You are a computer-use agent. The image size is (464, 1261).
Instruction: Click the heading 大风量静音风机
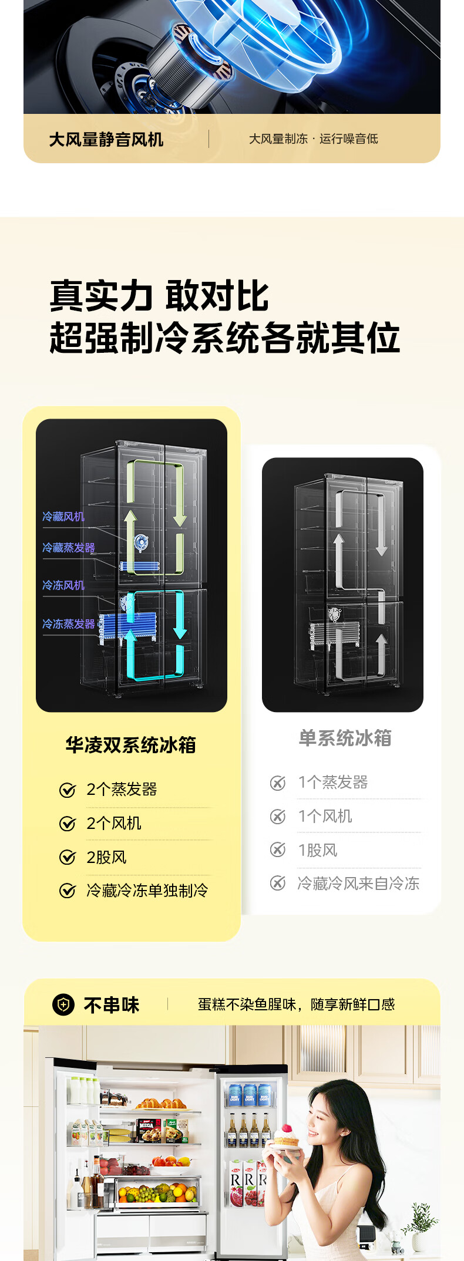coord(106,140)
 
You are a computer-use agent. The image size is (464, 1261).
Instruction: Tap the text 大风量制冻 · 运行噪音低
coord(313,139)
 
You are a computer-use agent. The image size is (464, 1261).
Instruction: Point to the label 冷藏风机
coord(63,517)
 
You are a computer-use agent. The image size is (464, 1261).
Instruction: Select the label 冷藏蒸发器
coord(68,548)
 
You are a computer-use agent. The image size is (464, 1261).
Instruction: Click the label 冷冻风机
coord(63,585)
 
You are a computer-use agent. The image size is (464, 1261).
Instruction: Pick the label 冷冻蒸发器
coord(68,624)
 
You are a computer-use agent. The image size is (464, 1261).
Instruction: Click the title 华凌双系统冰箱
coord(130,745)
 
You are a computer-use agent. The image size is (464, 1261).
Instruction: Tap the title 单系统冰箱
coord(345,738)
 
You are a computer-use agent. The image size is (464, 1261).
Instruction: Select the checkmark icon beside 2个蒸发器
coord(68,790)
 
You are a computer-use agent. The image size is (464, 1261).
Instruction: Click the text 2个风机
coord(114,823)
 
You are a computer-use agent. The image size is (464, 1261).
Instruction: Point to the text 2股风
coord(106,857)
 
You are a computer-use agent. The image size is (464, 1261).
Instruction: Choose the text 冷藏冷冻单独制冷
coord(147,891)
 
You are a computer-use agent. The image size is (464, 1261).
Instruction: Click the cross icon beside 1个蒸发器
coord(277,783)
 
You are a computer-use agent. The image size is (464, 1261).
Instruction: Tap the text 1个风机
coord(325,816)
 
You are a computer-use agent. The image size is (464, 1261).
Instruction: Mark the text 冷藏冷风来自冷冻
coord(358,884)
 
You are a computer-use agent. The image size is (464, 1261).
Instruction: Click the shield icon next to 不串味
coord(63,1004)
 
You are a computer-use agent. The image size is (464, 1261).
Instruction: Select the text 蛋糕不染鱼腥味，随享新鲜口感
coord(296,1004)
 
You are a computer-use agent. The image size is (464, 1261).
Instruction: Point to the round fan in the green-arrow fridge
coord(141,542)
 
